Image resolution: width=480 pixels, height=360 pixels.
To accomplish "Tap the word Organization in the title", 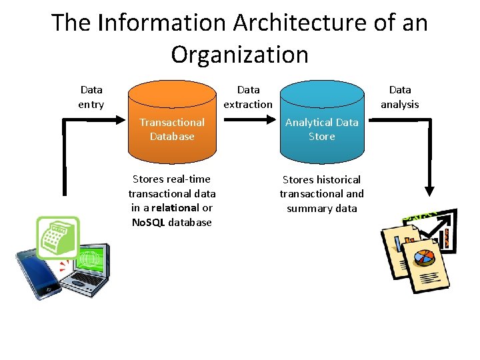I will click(239, 54).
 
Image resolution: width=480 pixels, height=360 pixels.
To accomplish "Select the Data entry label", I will click(91, 97).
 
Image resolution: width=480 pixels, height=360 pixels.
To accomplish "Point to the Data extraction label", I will click(248, 97).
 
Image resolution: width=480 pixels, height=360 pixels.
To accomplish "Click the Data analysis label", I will click(399, 97).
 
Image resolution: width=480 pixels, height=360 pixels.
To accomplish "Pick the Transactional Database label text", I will click(172, 129).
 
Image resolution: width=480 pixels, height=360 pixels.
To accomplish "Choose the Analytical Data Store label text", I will click(322, 129).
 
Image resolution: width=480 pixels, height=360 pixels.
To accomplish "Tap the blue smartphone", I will click(37, 273).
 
